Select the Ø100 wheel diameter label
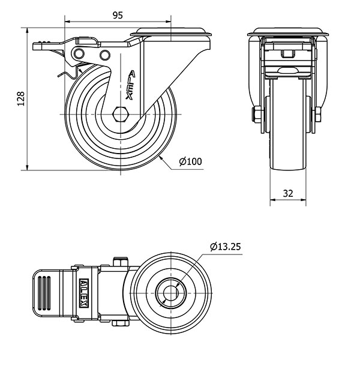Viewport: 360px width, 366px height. pyautogui.click(x=190, y=161)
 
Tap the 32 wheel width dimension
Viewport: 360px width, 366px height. pyautogui.click(x=288, y=193)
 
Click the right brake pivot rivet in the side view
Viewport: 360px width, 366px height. pyautogui.click(x=105, y=56)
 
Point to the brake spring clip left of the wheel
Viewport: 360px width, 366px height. pyautogui.click(x=64, y=74)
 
